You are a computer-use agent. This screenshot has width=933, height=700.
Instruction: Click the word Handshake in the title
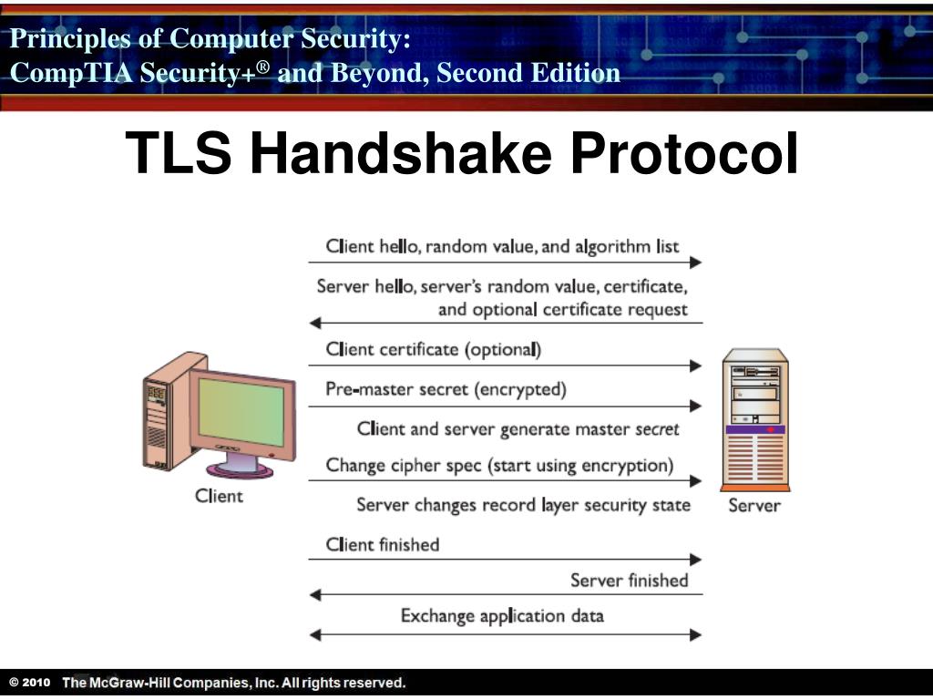pyautogui.click(x=401, y=153)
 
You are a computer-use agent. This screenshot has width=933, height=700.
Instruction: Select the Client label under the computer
pyautogui.click(x=220, y=496)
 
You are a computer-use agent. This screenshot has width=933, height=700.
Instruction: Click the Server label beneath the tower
pyautogui.click(x=754, y=504)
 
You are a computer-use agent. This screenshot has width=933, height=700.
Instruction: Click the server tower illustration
pyautogui.click(x=754, y=419)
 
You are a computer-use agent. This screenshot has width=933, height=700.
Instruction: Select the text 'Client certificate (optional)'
pyautogui.click(x=434, y=349)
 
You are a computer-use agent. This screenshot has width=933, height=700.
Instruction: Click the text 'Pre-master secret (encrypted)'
pyautogui.click(x=446, y=389)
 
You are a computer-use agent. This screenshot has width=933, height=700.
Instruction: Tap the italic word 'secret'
pyautogui.click(x=656, y=428)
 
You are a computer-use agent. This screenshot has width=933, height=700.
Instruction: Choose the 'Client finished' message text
pyautogui.click(x=383, y=544)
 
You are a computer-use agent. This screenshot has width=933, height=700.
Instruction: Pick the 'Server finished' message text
pyautogui.click(x=629, y=580)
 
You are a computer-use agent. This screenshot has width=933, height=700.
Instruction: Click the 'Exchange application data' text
pyautogui.click(x=502, y=615)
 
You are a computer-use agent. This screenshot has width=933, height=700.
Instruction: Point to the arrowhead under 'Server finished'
pyautogui.click(x=315, y=595)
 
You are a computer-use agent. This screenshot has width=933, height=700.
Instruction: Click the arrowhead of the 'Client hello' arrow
pyautogui.click(x=696, y=262)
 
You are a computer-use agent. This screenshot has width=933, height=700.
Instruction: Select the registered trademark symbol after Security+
pyautogui.click(x=263, y=66)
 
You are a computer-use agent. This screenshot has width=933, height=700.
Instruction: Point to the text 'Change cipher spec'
pyautogui.click(x=403, y=465)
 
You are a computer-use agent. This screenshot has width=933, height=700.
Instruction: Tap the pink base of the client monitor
pyautogui.click(x=241, y=469)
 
